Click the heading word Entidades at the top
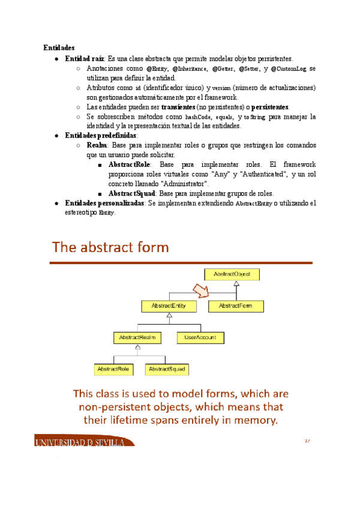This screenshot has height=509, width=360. click(x=58, y=47)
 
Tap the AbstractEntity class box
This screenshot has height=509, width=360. click(x=169, y=306)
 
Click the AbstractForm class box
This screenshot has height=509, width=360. click(x=235, y=306)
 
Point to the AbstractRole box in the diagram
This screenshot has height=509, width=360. click(x=114, y=369)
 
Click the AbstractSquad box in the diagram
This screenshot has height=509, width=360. click(x=166, y=369)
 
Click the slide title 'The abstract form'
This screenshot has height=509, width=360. click(x=110, y=247)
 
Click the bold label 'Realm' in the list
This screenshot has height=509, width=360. click(x=97, y=145)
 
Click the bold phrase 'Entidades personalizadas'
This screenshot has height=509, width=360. click(x=104, y=203)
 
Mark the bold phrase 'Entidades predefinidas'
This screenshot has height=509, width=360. click(x=101, y=136)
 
